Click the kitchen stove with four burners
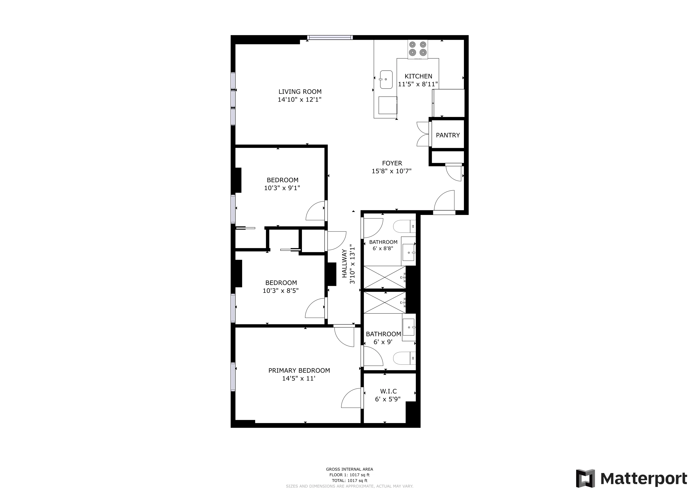pos(418,49)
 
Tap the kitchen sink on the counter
pos(386,80)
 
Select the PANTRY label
pos(447,135)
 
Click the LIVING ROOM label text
pos(300,92)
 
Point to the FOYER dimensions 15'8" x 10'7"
pos(391,171)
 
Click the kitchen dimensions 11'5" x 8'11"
pos(418,84)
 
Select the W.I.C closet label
pos(388,391)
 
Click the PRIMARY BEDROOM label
pos(299,370)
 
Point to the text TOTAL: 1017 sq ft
pos(349,481)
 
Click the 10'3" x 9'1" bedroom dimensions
pos(282,188)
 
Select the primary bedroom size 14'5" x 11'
pos(298,379)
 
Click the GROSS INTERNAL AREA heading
pos(349,469)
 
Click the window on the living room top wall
pos(330,38)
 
